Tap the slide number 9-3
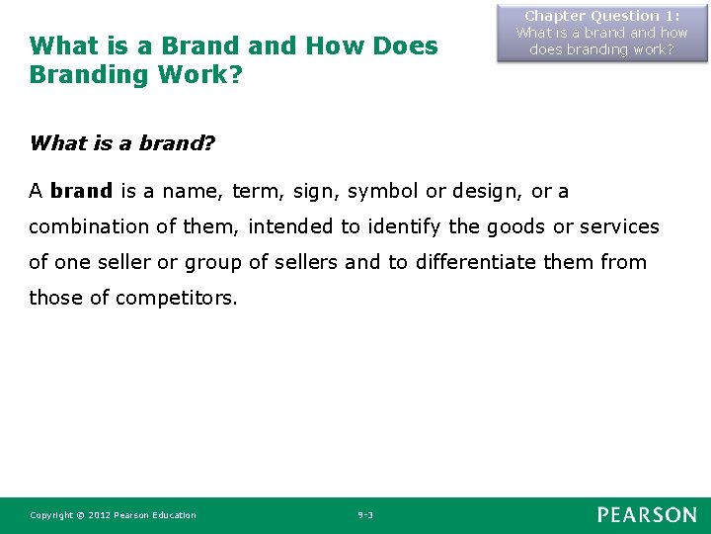point(365,515)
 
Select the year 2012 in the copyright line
point(100,515)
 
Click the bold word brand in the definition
point(81,190)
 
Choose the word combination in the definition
point(90,226)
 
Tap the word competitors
point(176,298)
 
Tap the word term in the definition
point(256,190)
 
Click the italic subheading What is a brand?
point(122,143)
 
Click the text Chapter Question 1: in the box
point(601,16)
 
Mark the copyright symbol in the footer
point(80,515)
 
